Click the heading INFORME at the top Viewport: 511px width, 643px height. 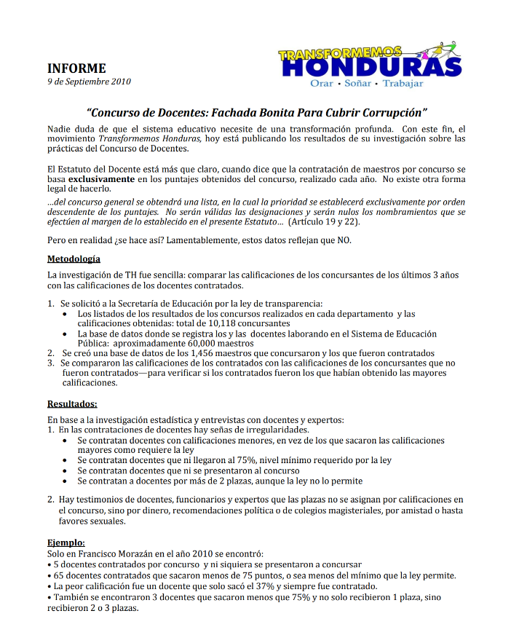76,68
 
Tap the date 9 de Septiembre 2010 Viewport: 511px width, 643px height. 89,82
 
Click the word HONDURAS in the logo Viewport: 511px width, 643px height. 371,68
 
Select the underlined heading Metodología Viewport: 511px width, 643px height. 74,259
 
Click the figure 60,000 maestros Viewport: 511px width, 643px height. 221,343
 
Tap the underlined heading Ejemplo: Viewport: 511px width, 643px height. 66,543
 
